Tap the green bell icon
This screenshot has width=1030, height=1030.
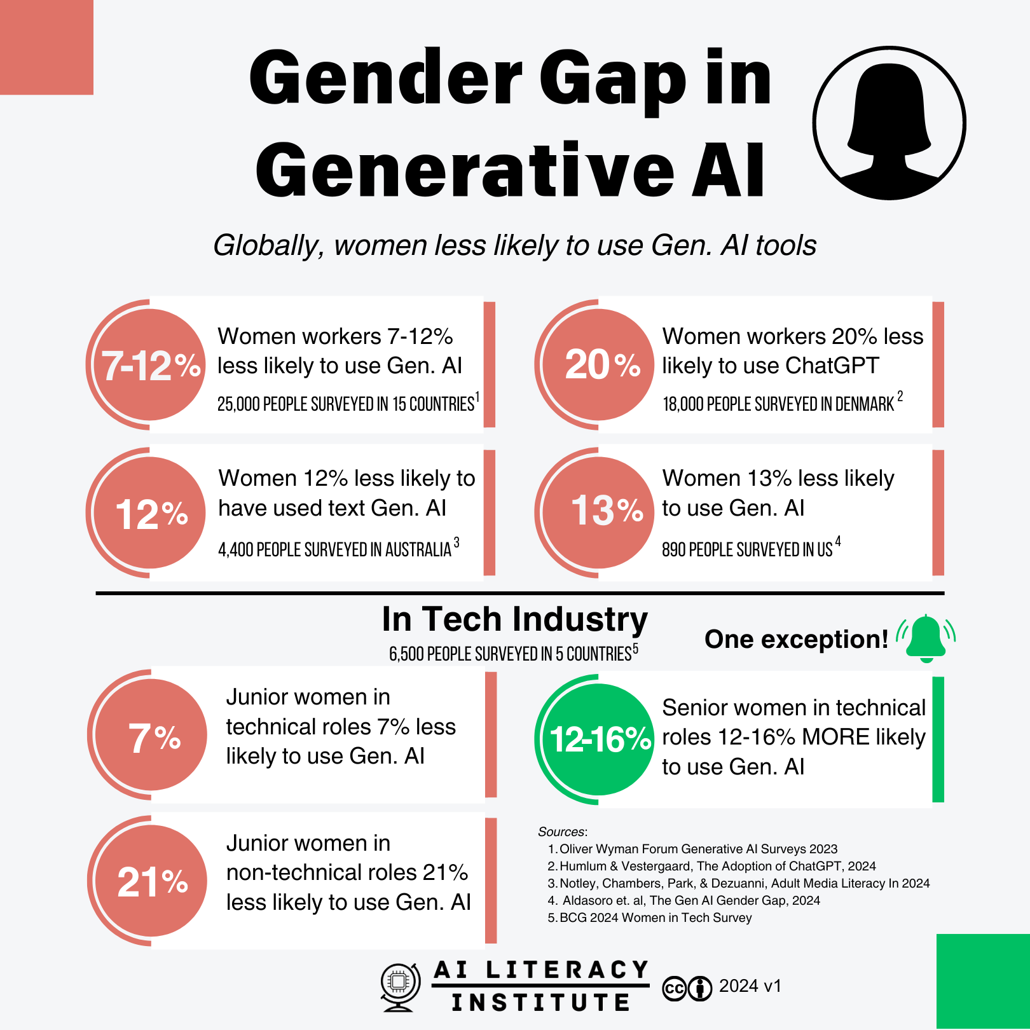[926, 638]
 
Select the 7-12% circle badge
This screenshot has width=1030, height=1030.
[150, 365]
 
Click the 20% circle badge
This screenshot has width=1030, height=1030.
[599, 365]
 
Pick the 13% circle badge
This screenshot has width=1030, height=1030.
[599, 512]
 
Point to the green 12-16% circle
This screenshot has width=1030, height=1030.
[599, 739]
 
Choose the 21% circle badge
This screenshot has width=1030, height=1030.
[151, 881]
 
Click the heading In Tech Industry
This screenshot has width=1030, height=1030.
[514, 619]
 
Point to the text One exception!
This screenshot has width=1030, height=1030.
[796, 640]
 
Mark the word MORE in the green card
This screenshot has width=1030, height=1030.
[836, 737]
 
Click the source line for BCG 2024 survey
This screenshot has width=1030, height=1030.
[655, 917]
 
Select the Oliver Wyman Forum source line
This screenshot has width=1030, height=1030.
[697, 849]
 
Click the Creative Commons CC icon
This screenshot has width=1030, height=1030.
[674, 989]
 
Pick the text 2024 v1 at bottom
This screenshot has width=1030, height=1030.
[750, 986]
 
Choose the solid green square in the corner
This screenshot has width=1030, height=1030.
[983, 982]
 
